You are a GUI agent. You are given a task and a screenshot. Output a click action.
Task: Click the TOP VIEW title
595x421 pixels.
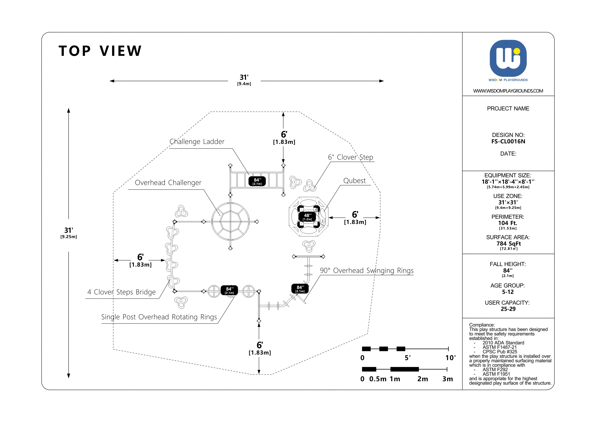pyautogui.click(x=100, y=51)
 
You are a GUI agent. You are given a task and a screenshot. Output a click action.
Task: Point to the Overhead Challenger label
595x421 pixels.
pyautogui.click(x=168, y=183)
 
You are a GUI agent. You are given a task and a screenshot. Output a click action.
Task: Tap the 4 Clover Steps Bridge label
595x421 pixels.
pyautogui.click(x=121, y=292)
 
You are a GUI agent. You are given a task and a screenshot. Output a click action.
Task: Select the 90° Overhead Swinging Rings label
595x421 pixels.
pyautogui.click(x=366, y=271)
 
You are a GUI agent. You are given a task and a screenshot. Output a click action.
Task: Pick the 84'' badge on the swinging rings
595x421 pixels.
pyautogui.click(x=300, y=289)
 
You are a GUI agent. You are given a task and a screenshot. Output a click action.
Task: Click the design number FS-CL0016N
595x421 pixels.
pyautogui.click(x=508, y=142)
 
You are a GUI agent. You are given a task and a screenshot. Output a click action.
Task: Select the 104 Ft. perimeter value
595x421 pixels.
pyautogui.click(x=507, y=223)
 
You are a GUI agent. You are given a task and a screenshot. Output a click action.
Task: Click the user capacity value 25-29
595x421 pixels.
pyautogui.click(x=508, y=309)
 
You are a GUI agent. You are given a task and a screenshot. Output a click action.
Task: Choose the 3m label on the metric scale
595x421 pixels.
pyautogui.click(x=448, y=379)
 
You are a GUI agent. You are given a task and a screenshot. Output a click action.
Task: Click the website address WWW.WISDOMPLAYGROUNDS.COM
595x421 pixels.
pyautogui.click(x=508, y=91)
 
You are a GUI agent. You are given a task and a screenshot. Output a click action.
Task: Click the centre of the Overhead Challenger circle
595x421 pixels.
pyautogui.click(x=230, y=222)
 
